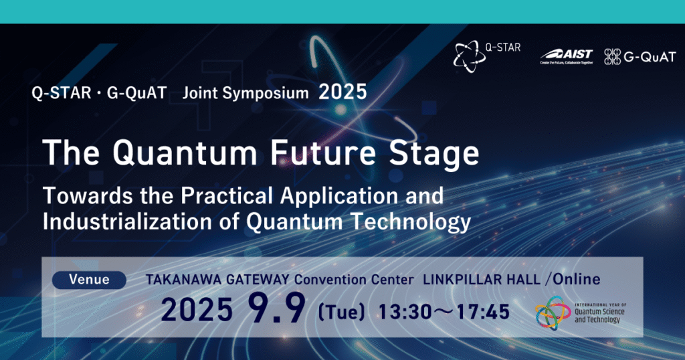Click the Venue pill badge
pos(89,280)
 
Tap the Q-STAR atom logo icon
pos(469,56)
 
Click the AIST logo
pos(567,56)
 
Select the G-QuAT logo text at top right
pos(650,57)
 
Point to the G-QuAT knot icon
pos(612,57)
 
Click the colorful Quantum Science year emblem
pos(553,312)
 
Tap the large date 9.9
pos(276,308)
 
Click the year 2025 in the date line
pos(197,310)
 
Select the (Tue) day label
pos(341,312)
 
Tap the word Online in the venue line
pos(577,279)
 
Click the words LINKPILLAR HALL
pos(482,280)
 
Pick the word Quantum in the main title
pos(185,153)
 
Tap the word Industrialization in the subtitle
pos(127,221)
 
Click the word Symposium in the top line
pos(266,93)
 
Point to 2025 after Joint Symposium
pos(342,92)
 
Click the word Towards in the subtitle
pos(88,195)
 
